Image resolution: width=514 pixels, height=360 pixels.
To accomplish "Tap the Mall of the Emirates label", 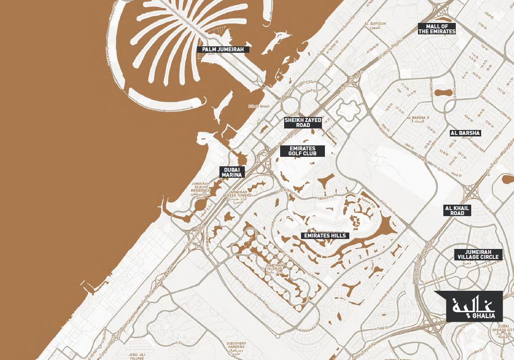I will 437,28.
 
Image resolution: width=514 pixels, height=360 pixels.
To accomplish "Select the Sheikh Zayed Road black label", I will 303,122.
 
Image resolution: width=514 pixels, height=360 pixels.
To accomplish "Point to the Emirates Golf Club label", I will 302,151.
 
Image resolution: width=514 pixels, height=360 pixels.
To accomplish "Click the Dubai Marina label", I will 232,172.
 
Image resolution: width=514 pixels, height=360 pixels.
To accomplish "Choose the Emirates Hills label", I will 325,236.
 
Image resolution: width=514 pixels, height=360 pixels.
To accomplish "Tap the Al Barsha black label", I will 465,133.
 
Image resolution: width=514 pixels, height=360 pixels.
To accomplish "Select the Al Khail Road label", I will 457,210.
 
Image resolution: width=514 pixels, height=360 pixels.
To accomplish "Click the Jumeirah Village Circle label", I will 478,254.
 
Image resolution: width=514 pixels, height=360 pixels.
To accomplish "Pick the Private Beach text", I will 259,106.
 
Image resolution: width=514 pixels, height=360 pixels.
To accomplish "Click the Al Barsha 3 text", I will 417,119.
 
